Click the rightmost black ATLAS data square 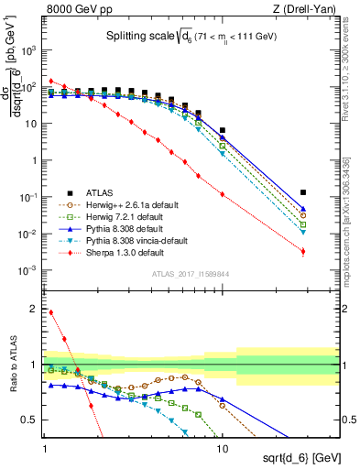303,192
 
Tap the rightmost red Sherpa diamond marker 303,251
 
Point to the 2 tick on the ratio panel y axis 34,309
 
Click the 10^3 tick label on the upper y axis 29,50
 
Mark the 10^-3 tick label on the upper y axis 29,270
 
